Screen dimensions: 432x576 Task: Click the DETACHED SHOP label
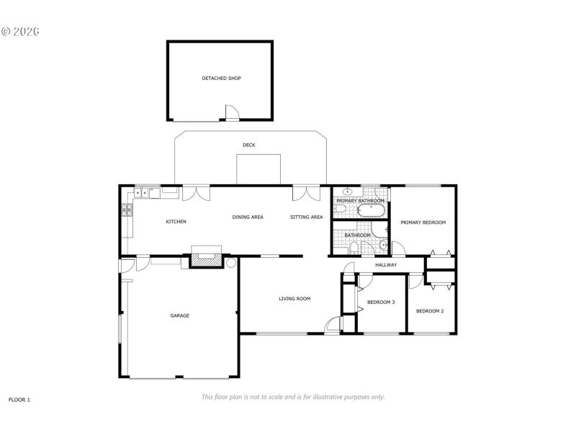(x=221, y=78)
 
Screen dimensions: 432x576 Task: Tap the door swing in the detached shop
(x=232, y=112)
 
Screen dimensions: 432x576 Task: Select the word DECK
(x=248, y=145)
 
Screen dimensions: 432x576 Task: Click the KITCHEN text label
(x=176, y=222)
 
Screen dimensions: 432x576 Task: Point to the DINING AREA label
(x=247, y=217)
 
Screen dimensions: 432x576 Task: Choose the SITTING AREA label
(x=306, y=217)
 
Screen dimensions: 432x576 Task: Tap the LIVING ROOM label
(x=294, y=298)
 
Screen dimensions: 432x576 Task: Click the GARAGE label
(x=179, y=315)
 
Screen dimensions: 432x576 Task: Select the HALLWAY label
(x=386, y=265)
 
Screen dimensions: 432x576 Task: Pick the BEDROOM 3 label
(x=381, y=302)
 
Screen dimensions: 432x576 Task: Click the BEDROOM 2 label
(x=430, y=311)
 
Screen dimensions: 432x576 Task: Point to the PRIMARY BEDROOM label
(x=423, y=222)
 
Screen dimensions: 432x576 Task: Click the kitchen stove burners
(x=127, y=210)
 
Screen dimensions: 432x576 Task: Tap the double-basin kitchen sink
(x=150, y=193)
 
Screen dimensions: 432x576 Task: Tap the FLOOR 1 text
(x=19, y=399)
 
